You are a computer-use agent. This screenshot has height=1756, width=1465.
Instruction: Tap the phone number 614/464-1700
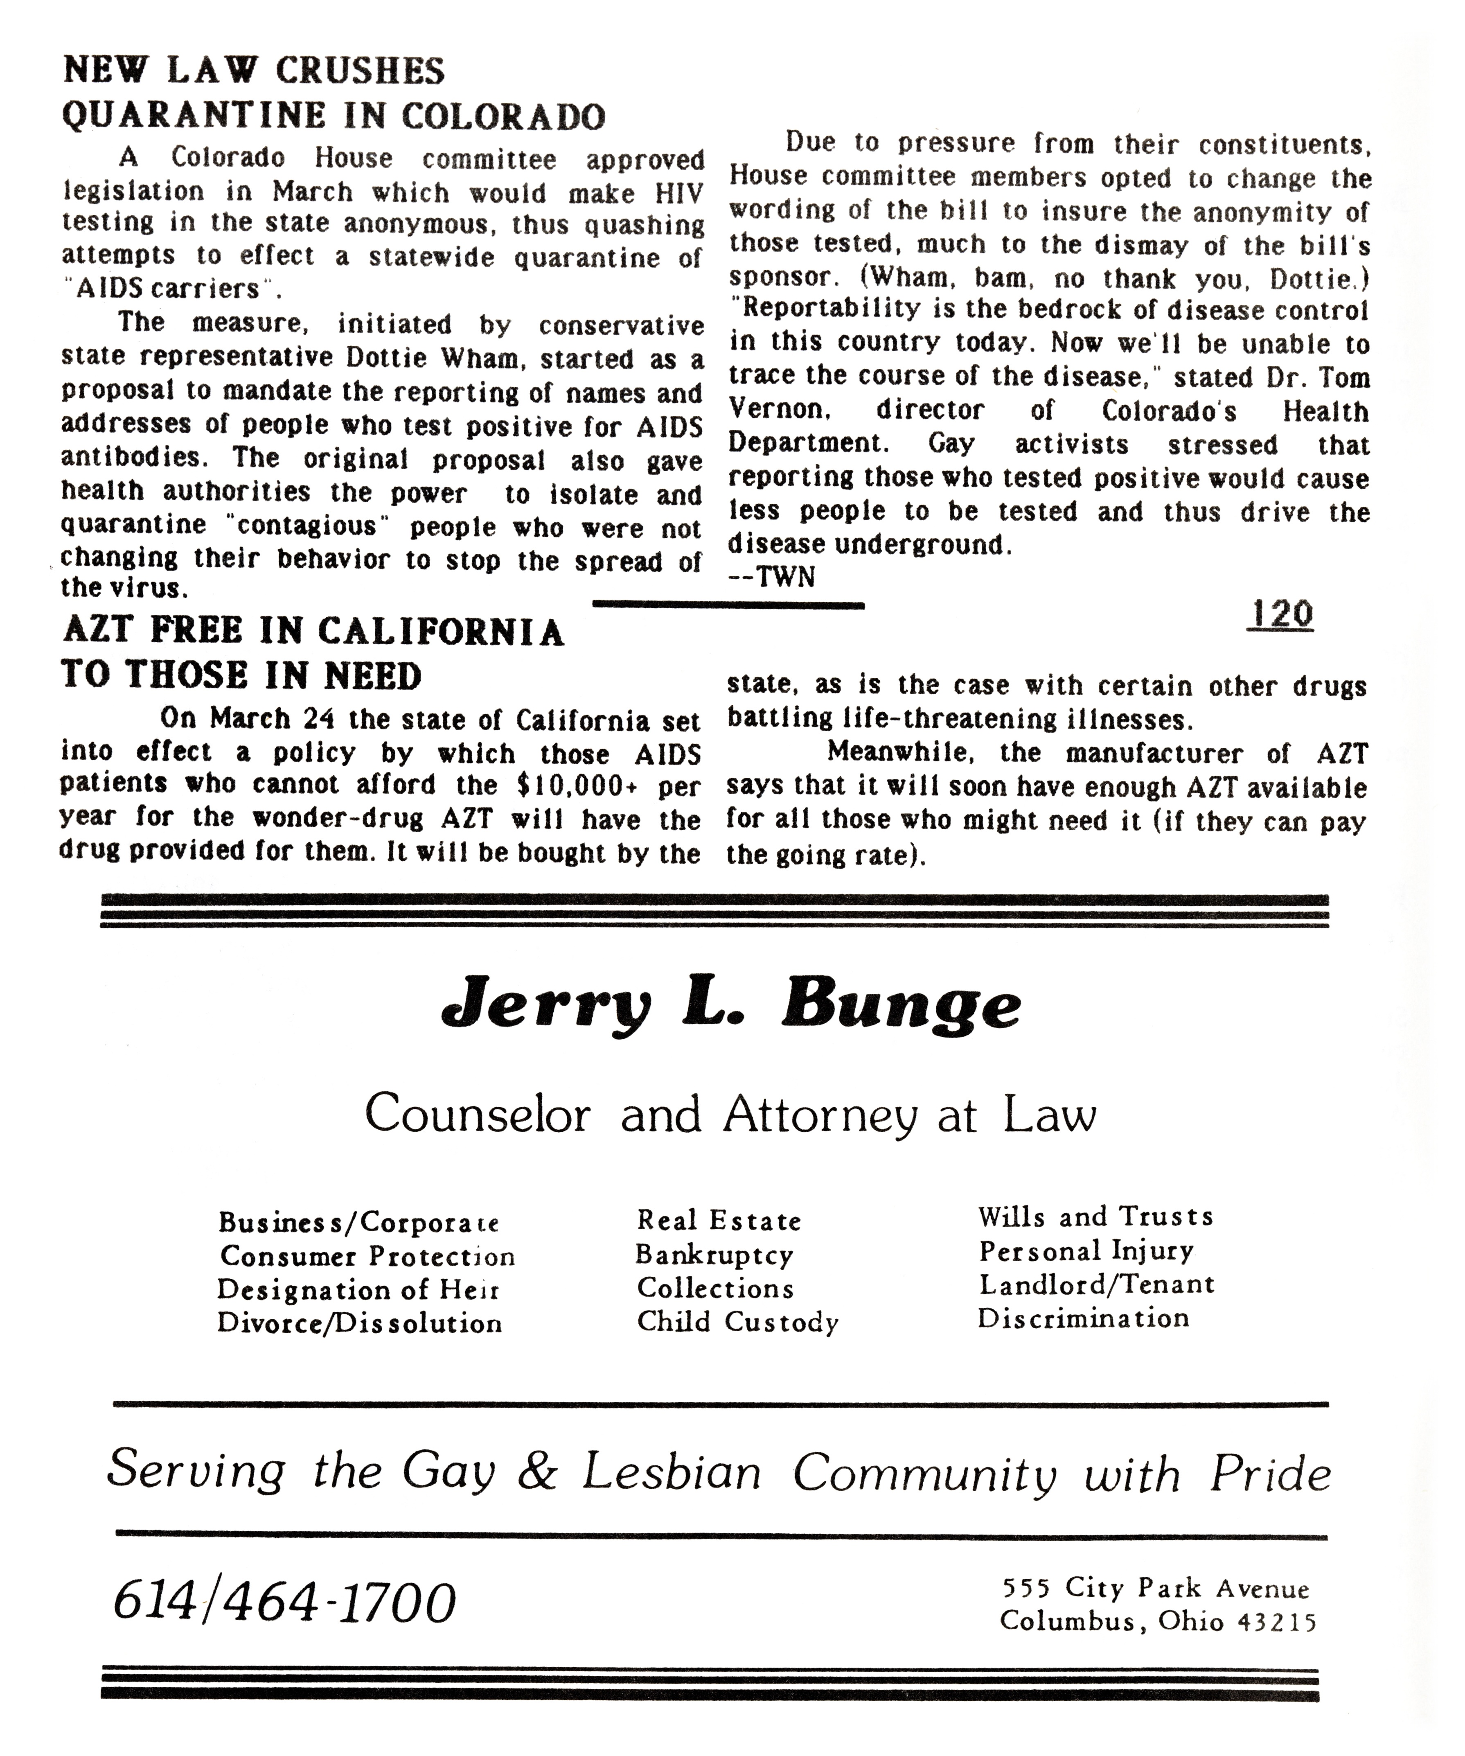[x=284, y=1604]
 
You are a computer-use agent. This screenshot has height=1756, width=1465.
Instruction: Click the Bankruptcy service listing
[x=714, y=1255]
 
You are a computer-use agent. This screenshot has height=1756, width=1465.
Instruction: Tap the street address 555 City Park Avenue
[x=1156, y=1588]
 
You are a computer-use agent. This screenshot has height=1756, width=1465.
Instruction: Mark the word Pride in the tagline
[x=1270, y=1474]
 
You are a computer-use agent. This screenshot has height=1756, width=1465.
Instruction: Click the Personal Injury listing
[x=1086, y=1251]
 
